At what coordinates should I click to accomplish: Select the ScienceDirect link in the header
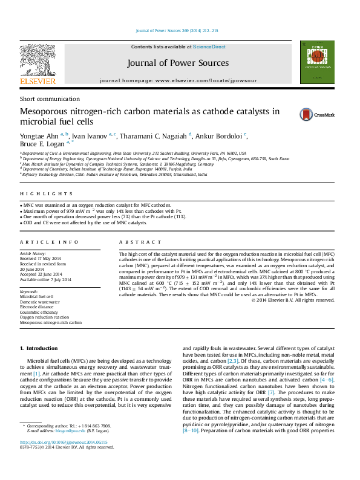209,47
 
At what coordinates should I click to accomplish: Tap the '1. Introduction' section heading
39,349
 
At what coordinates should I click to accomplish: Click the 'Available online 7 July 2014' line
45,280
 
